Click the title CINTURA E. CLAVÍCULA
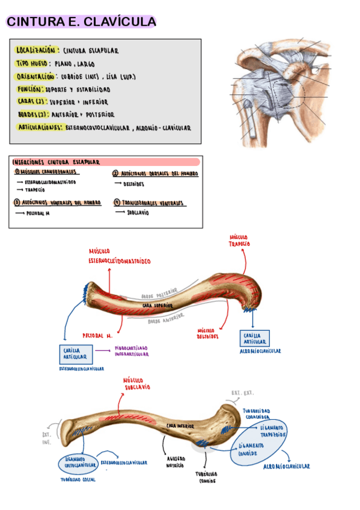[x=81, y=22]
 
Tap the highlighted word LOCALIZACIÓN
[x=37, y=50]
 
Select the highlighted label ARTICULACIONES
[x=40, y=127]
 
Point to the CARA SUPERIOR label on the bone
[x=157, y=306]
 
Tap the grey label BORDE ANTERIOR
[x=167, y=321]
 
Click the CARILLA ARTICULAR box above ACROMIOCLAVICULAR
[x=255, y=338]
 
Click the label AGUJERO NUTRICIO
[x=175, y=461]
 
